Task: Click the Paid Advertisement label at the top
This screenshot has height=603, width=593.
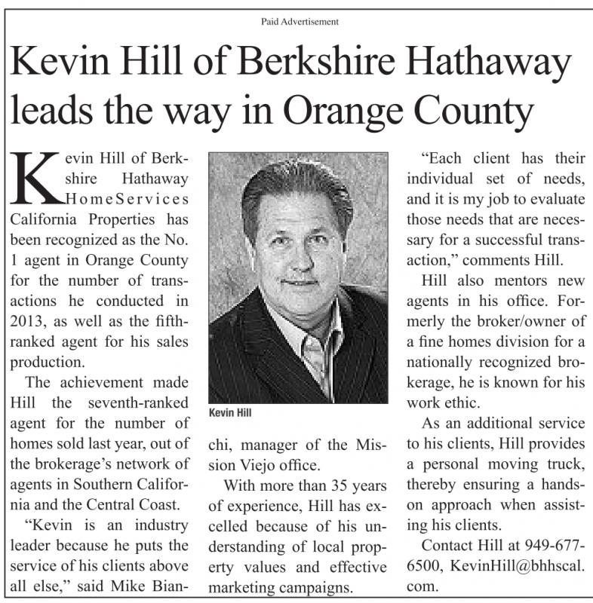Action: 295,22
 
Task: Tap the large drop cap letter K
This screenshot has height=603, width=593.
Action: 36,179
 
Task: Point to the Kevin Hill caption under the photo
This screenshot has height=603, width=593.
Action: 230,413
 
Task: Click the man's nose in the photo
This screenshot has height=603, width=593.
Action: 297,256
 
